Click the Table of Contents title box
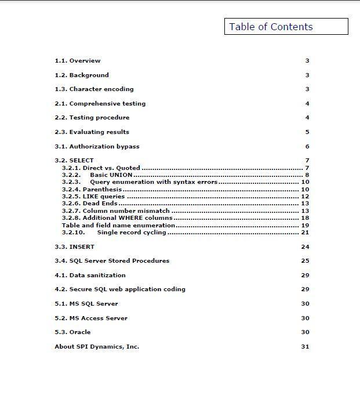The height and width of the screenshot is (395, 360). [286, 27]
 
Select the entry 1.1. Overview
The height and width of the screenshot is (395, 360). [78, 61]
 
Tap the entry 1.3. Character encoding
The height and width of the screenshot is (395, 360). [94, 89]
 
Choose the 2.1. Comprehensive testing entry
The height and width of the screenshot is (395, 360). [100, 104]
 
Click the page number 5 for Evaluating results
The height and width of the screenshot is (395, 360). [307, 132]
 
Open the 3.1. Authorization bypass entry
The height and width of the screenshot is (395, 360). [97, 147]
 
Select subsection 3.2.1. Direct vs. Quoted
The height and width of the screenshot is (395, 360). [101, 168]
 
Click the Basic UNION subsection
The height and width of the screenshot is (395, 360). [111, 175]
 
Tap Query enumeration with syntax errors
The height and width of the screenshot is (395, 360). [154, 182]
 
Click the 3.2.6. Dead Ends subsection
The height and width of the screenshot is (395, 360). [90, 204]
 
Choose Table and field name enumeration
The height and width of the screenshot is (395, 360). [118, 225]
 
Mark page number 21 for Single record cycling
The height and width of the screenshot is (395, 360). [305, 233]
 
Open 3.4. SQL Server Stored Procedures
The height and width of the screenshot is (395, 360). [112, 261]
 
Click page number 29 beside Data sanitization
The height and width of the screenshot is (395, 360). [305, 276]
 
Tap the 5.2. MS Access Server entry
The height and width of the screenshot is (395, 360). [91, 318]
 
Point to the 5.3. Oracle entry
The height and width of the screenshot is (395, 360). [72, 332]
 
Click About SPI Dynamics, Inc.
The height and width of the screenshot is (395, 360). [97, 347]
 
